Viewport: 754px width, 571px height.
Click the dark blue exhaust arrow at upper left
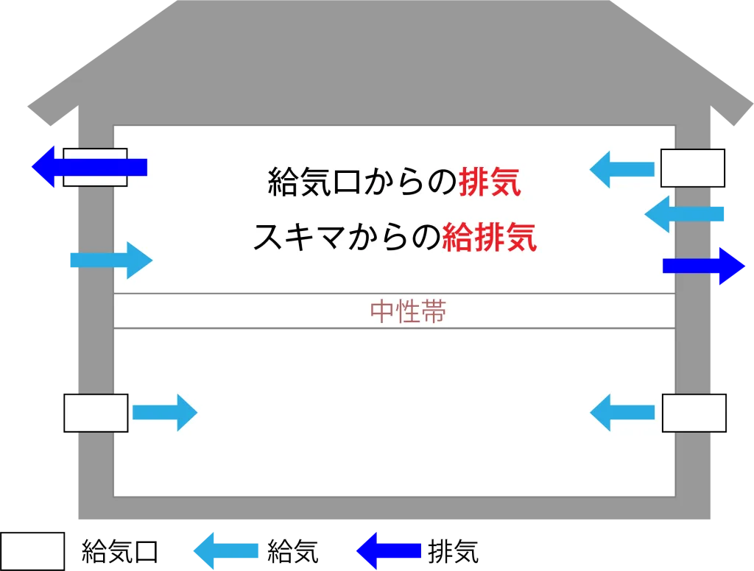coord(89,167)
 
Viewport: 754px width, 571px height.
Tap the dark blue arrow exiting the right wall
coord(704,266)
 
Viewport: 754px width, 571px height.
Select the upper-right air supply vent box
coord(692,169)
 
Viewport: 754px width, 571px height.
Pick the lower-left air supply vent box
coord(96,413)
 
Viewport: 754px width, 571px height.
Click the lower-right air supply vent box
coord(694,413)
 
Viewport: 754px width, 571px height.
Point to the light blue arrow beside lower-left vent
coord(165,412)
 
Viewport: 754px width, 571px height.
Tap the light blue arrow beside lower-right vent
coord(621,412)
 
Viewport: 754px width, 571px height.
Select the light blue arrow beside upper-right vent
coord(621,169)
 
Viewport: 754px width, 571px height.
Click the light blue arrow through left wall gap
coord(112,260)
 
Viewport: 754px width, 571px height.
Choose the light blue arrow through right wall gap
coord(684,214)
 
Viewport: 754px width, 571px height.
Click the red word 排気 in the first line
coord(490,182)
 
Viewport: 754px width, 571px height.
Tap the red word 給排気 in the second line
coord(489,237)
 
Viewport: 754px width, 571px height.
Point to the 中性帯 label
coord(408,311)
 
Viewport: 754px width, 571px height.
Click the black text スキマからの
coord(348,237)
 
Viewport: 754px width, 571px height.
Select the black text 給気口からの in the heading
coord(362,182)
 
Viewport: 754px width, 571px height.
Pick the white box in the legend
coord(32,551)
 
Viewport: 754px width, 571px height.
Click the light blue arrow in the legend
coord(225,551)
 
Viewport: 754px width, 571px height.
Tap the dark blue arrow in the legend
coord(389,551)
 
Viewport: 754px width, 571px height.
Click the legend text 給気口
coord(120,551)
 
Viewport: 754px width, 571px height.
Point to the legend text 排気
coord(454,551)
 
